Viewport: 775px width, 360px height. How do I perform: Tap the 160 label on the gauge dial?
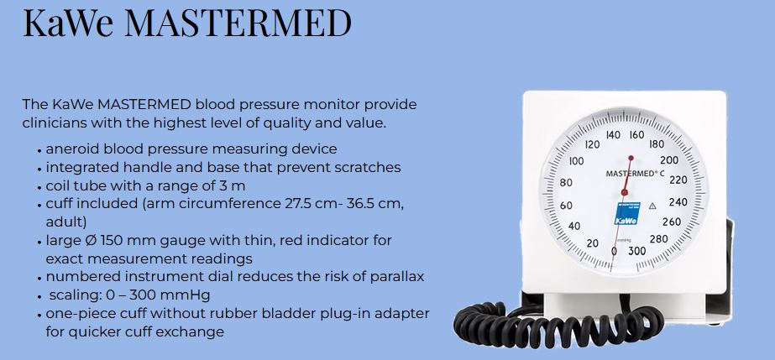coord(636,135)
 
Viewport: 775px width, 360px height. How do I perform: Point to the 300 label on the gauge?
coord(636,252)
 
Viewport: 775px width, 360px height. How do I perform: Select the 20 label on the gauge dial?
coord(592,243)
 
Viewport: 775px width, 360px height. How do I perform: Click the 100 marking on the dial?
coord(576,161)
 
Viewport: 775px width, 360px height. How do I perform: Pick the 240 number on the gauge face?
coord(678,202)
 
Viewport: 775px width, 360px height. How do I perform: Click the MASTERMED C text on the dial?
coord(635,174)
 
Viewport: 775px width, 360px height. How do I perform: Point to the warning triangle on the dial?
coord(652,206)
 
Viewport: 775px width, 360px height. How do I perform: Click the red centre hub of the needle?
coord(624,192)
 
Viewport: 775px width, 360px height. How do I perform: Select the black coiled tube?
coord(558,323)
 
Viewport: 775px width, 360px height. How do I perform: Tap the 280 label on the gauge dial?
coord(659,239)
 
